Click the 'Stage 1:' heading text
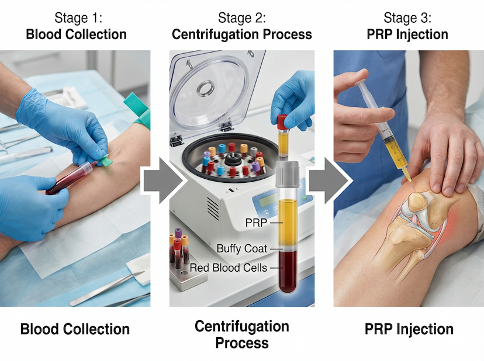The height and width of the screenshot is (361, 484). [x=76, y=18]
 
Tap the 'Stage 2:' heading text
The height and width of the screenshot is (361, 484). [x=242, y=18]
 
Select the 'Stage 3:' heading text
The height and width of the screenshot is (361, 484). [x=407, y=18]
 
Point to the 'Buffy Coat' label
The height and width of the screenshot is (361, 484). [x=241, y=248]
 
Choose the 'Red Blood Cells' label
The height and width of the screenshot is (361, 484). [x=228, y=268]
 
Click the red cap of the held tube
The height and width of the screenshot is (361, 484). [x=282, y=122]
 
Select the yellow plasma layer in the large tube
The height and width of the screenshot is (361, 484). [x=287, y=222]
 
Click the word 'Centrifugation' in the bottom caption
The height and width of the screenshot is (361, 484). [x=241, y=326]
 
